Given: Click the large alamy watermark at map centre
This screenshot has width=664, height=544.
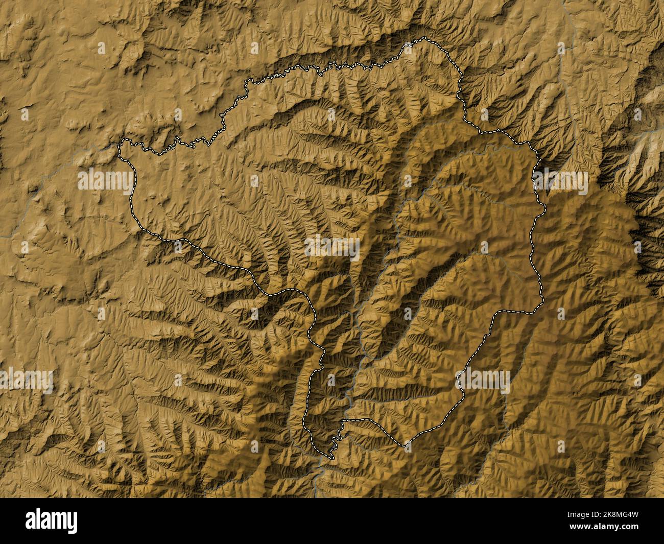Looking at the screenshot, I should click(x=332, y=248).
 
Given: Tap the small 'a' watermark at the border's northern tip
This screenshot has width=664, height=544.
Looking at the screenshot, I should click(x=408, y=48).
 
